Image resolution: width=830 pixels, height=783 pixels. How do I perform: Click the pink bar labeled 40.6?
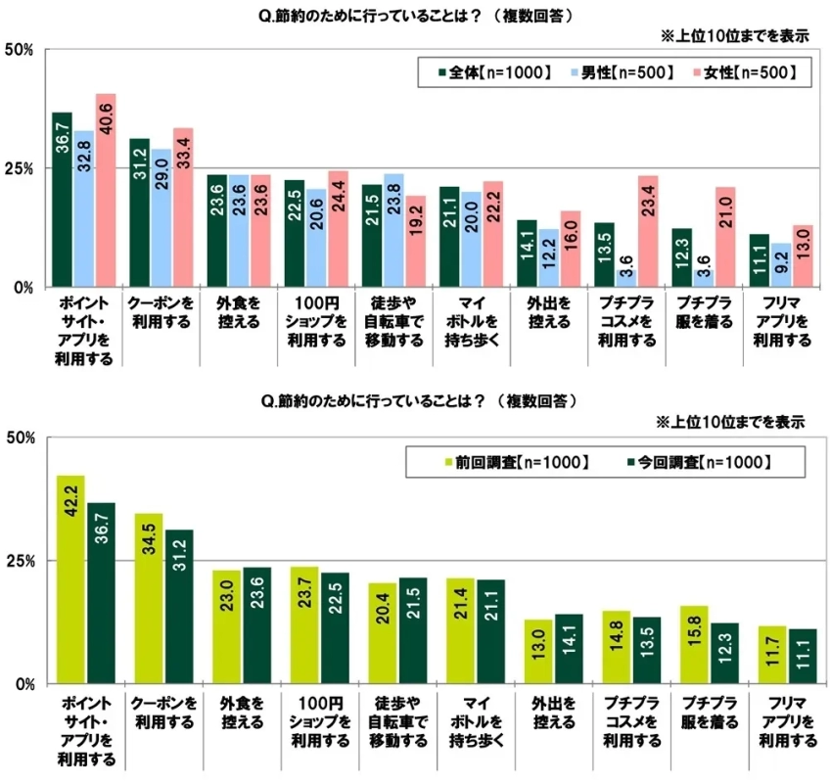[x=105, y=191]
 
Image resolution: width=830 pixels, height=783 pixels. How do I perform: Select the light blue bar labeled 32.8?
[x=83, y=209]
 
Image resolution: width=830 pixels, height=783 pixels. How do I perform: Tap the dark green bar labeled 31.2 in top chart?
[x=139, y=213]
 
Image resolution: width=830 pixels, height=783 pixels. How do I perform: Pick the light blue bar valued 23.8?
[x=393, y=231]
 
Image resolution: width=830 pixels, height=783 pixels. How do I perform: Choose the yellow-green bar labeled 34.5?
[x=148, y=598]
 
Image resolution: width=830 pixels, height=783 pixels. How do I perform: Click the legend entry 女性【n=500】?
[x=742, y=73]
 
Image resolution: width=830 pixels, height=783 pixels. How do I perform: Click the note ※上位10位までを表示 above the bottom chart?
[x=730, y=422]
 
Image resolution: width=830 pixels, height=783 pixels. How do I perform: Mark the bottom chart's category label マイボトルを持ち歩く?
[x=471, y=721]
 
